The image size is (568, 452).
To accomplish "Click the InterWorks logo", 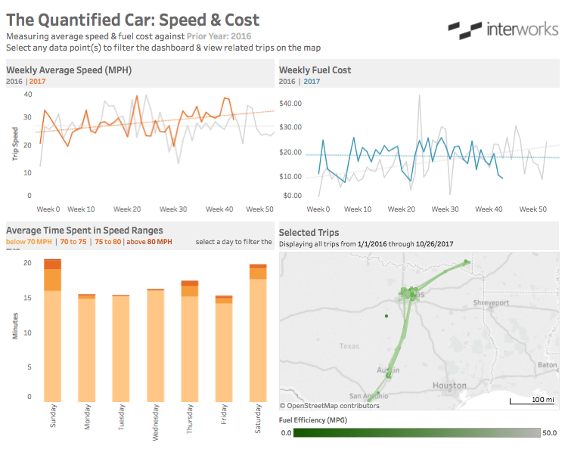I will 501,30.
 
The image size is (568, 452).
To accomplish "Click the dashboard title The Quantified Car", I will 132,20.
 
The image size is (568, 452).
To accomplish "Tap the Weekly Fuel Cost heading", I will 315,70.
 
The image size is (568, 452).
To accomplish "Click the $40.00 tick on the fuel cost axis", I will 290,103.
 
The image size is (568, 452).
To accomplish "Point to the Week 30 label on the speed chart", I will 173,209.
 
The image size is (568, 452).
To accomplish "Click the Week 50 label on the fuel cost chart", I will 532,209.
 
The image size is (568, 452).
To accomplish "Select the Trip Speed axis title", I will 14,144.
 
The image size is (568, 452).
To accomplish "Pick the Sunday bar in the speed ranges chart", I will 53,333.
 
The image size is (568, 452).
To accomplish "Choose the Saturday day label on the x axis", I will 258,416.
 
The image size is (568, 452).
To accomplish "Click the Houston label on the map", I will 449,385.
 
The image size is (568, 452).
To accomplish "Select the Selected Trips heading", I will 309,232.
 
